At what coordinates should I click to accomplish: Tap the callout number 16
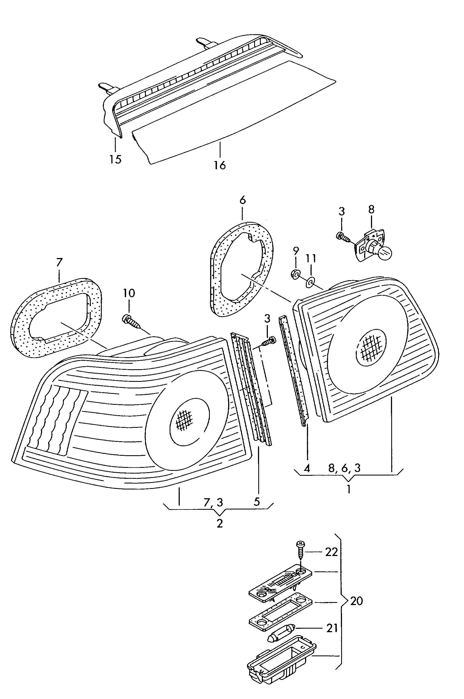220,165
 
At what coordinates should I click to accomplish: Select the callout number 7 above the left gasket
59,262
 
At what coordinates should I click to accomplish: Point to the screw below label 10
132,322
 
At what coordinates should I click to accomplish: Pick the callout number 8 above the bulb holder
371,210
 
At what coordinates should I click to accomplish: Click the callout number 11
311,258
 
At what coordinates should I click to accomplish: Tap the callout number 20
356,601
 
